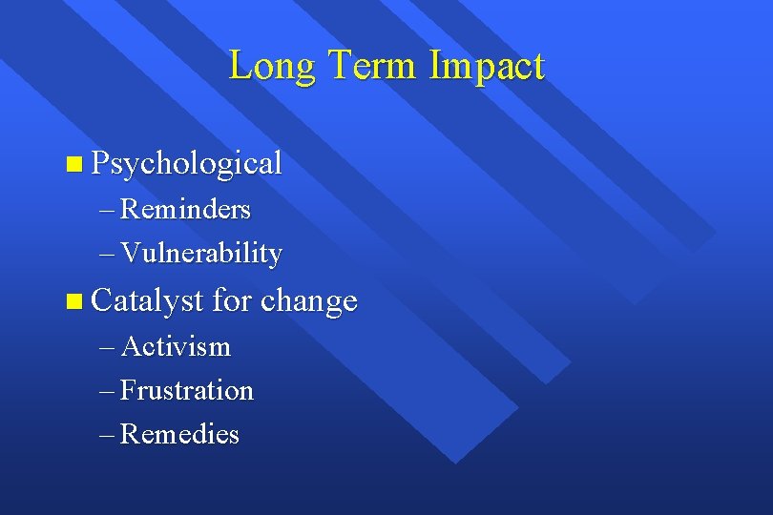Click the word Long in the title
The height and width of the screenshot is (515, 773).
click(x=273, y=67)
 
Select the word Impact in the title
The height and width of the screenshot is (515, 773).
click(x=487, y=67)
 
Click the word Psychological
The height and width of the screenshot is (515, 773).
click(x=187, y=164)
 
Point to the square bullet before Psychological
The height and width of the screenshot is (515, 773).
click(x=74, y=165)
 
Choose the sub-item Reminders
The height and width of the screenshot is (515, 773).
click(x=186, y=208)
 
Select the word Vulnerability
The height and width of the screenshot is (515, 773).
click(x=201, y=254)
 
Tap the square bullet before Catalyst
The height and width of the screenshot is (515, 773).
click(x=74, y=303)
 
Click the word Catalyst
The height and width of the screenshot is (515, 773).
click(x=148, y=301)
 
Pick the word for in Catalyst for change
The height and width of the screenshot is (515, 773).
click(x=231, y=301)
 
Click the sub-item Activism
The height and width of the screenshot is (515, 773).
click(x=176, y=346)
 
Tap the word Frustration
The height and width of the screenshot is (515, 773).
click(x=187, y=391)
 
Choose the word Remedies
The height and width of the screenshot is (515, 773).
click(x=180, y=435)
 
